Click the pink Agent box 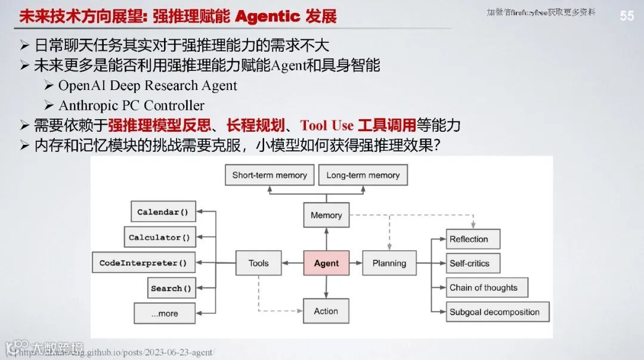point(326,263)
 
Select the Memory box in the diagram point(326,215)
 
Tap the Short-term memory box point(270,175)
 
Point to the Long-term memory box point(363,175)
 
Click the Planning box point(389,263)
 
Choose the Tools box point(258,263)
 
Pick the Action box point(326,311)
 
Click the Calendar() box point(163,212)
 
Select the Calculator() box point(159,237)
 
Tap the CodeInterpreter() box point(143,263)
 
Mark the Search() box point(171,288)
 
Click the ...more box point(165,314)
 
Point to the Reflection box point(473,239)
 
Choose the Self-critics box point(473,263)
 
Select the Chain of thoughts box point(487,287)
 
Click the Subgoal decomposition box point(497,312)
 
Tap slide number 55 point(627,16)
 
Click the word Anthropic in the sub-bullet point(89,105)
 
